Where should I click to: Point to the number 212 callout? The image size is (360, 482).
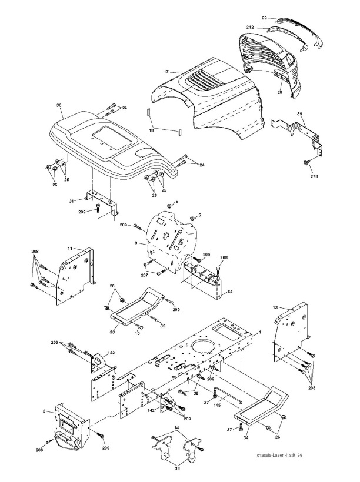[x=251, y=28]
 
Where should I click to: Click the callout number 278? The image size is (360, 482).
[x=315, y=175]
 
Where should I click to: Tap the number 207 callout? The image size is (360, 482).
[x=145, y=275]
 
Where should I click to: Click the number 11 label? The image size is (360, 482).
[x=69, y=249]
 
